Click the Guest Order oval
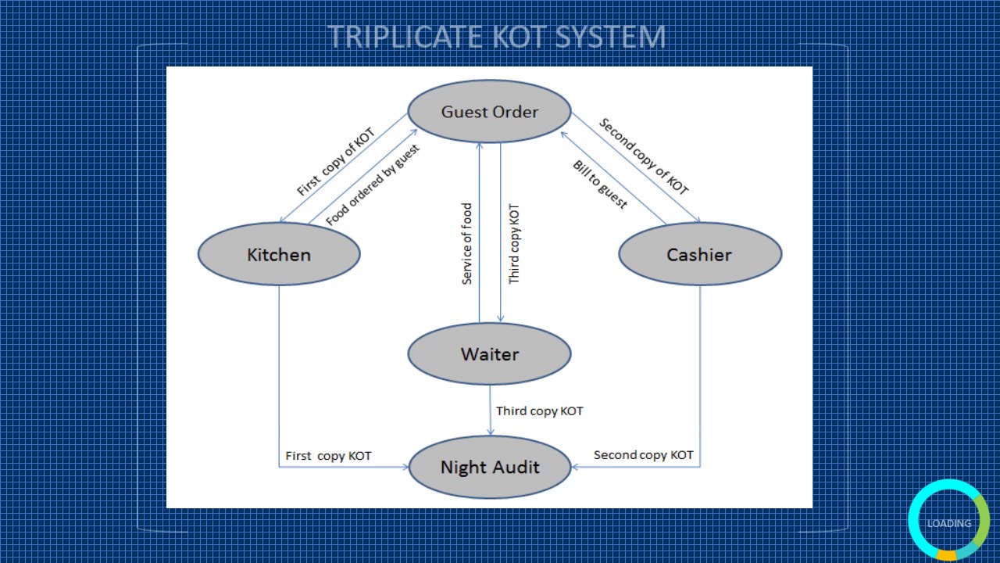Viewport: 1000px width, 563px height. click(x=490, y=112)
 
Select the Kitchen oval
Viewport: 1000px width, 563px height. click(x=279, y=255)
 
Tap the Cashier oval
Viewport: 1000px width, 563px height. click(x=699, y=255)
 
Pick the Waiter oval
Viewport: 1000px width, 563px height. click(x=490, y=354)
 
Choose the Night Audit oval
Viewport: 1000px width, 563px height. click(x=490, y=468)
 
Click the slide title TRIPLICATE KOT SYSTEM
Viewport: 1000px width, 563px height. click(x=496, y=37)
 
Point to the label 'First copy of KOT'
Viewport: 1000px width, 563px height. click(x=336, y=163)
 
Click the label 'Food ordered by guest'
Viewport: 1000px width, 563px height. click(x=373, y=185)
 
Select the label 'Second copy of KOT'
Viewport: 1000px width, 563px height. click(x=644, y=156)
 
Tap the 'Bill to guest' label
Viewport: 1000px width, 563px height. click(x=600, y=185)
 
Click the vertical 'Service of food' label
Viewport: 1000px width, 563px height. click(x=467, y=244)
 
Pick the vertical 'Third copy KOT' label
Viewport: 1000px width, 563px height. click(x=514, y=244)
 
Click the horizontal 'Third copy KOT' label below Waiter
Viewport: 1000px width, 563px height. click(x=539, y=411)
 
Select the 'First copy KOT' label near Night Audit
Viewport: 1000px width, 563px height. click(x=328, y=455)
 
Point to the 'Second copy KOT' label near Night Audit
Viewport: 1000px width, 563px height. click(x=643, y=454)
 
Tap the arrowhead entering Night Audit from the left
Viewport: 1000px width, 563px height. click(x=405, y=468)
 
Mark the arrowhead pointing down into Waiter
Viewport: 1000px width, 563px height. click(x=501, y=318)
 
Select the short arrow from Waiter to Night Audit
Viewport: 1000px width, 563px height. click(x=491, y=411)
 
